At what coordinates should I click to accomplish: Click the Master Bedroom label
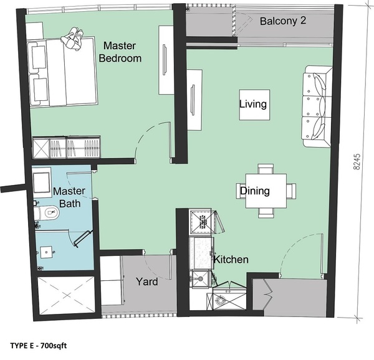tap(120, 52)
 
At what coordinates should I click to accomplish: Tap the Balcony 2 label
tap(283, 21)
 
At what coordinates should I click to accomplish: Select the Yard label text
tap(147, 282)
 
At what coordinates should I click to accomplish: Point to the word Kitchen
tap(231, 260)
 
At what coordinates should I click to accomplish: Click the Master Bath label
tap(69, 197)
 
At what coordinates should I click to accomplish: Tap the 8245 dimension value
tap(357, 162)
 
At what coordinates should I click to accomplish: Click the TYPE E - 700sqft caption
tap(39, 346)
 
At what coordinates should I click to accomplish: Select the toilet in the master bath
tap(47, 212)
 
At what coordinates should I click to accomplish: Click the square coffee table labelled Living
tap(254, 105)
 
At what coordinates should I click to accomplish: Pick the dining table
tap(266, 191)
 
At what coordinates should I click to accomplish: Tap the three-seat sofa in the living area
tap(317, 107)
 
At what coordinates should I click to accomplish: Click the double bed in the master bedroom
tap(62, 72)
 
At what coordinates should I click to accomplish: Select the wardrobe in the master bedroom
tap(66, 147)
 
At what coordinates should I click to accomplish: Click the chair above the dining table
tap(266, 169)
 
